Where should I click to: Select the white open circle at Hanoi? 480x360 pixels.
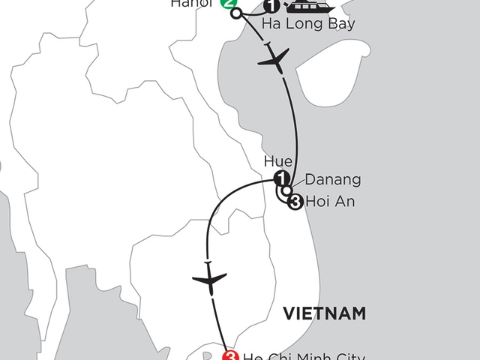(x=237, y=13)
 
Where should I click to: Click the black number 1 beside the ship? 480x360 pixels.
(x=271, y=8)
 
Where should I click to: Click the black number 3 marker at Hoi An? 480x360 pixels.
(x=295, y=202)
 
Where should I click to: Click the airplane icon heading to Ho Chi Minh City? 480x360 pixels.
(x=208, y=280)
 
